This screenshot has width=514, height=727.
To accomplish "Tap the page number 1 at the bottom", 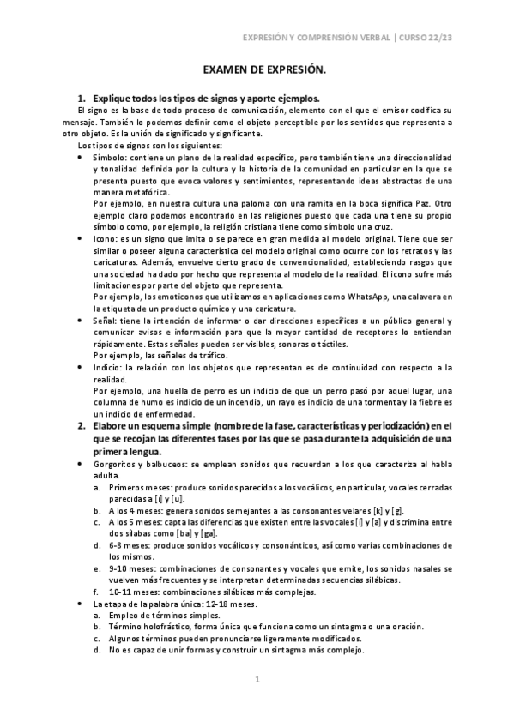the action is tap(257, 680).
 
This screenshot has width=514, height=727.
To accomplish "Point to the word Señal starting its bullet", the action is tap(104, 321).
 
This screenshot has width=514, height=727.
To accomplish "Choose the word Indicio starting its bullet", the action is tap(106, 368).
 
